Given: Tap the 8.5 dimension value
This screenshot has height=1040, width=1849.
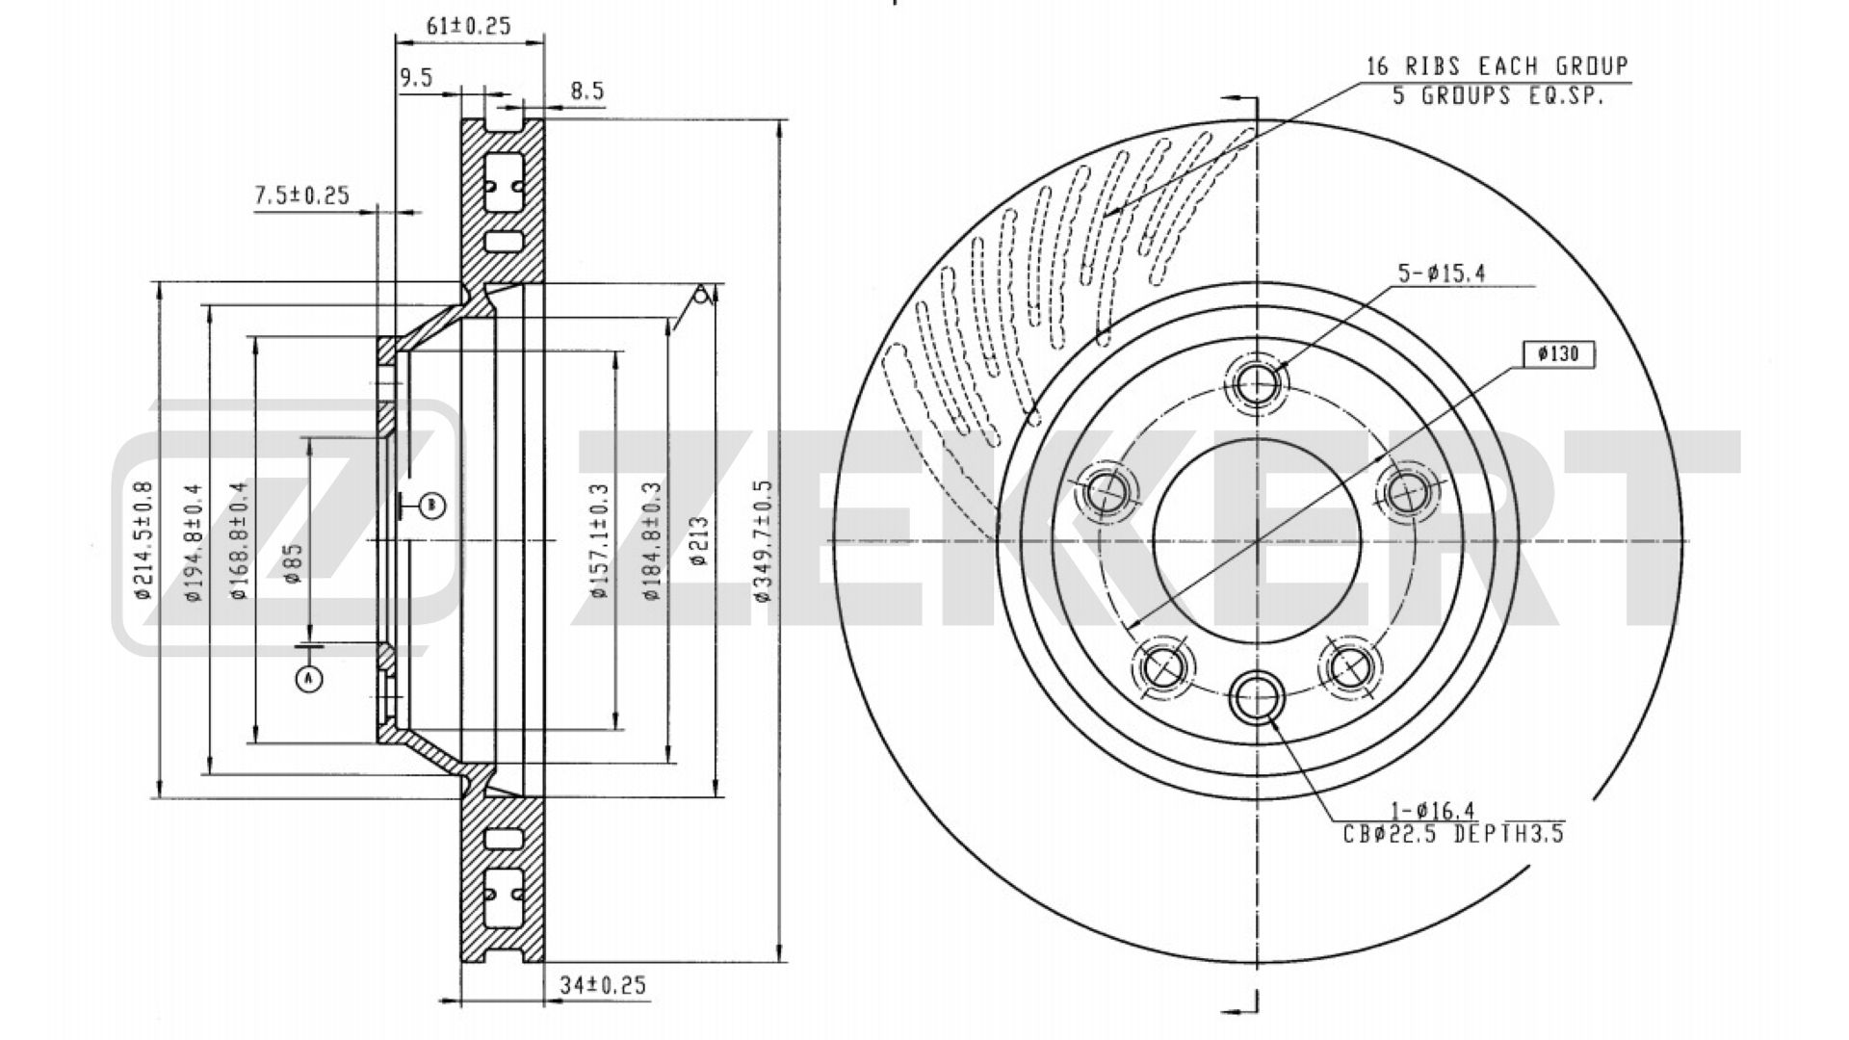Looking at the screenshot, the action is tap(586, 91).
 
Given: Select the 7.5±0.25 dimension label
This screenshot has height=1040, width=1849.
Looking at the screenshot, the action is tap(300, 195).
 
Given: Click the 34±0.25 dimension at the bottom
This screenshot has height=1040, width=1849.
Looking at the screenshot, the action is tap(602, 986).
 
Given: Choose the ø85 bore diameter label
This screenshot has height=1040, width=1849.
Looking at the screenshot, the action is tap(294, 563).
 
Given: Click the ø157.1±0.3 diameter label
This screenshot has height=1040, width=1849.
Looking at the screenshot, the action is tap(601, 540).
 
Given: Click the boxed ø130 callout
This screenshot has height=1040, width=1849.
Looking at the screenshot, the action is tap(1558, 354).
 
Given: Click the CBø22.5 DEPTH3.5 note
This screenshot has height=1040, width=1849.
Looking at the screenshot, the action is tap(1453, 834).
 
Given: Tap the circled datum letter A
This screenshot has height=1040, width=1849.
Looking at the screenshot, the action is tap(308, 680).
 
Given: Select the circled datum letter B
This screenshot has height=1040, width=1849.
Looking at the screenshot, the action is tap(432, 504).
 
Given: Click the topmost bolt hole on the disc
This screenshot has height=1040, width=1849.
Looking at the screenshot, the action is tap(1258, 384).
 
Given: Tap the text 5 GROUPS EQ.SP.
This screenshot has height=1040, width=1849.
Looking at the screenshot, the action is tap(1498, 96).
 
